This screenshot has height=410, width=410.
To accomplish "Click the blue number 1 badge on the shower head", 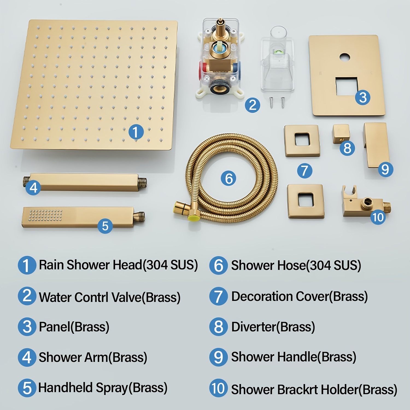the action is tap(136, 132).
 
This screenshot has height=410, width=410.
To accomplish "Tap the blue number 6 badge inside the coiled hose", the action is tap(229, 178).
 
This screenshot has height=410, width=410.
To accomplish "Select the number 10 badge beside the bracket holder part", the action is tap(378, 217).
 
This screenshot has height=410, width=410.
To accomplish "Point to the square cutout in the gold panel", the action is tap(347, 86).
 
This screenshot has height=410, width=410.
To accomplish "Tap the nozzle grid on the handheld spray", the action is tap(46, 215).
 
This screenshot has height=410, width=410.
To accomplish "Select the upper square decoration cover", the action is tap(302, 141).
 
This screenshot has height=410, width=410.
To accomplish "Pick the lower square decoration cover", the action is tap(306, 201).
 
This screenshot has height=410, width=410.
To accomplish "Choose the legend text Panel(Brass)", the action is tap(74, 327).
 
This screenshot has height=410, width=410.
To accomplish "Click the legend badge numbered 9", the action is tap(218, 357).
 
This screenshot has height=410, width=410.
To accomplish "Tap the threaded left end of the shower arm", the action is tap(27, 181).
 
